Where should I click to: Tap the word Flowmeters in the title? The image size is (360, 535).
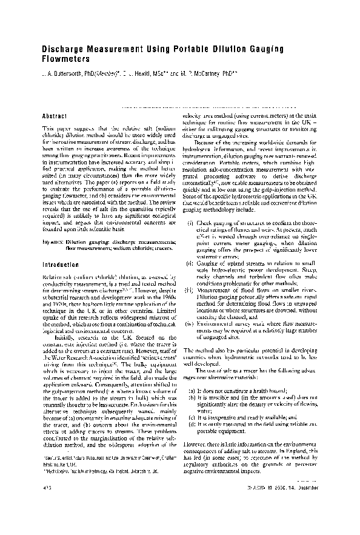(66, 60)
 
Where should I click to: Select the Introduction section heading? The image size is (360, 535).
(60, 265)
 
